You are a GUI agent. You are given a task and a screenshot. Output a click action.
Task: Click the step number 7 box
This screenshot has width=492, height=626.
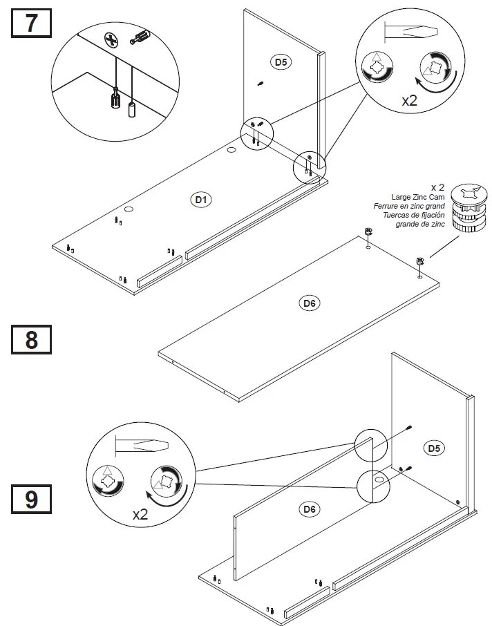[32, 23]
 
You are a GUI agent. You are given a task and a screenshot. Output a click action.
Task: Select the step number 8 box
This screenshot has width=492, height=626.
[32, 341]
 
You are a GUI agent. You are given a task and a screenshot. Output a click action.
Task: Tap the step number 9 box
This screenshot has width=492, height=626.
[32, 498]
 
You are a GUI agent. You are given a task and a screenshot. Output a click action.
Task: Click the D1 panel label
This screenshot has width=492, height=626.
[200, 200]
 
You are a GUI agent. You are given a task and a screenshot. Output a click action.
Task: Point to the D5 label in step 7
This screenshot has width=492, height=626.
[281, 62]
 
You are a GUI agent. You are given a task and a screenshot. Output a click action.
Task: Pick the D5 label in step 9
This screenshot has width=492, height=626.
[434, 448]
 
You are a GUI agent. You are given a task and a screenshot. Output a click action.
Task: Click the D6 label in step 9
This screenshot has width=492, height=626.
[310, 509]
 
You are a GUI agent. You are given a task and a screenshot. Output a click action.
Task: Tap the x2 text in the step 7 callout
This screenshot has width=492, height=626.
[410, 99]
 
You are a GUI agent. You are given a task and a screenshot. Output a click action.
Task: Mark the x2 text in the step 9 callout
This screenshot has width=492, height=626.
[140, 514]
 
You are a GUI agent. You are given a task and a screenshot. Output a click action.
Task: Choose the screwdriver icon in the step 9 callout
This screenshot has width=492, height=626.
[141, 446]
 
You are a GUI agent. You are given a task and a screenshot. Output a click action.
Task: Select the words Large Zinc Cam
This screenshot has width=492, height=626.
[414, 198]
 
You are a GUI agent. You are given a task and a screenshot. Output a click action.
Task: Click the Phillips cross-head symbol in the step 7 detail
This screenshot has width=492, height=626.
[109, 39]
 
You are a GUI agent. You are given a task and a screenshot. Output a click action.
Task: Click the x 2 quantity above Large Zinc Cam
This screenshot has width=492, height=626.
[437, 187]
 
